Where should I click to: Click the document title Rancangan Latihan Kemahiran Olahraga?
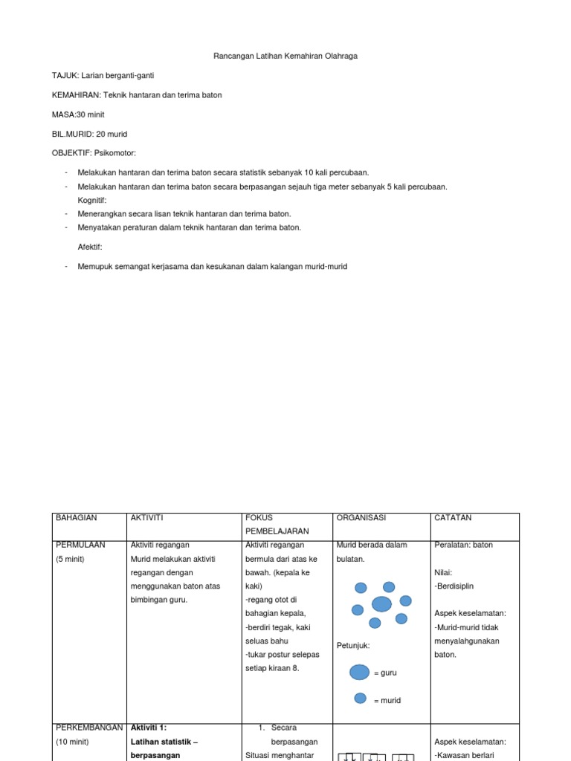point(285,56)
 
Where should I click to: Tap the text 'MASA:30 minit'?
point(80,114)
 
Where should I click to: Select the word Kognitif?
point(92,201)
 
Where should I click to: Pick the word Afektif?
point(90,247)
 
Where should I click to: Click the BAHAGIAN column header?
point(77,518)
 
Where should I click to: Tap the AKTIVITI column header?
point(146,518)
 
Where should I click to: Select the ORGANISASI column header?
point(361,518)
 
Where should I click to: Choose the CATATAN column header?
point(453,518)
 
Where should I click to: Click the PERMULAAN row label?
point(80,545)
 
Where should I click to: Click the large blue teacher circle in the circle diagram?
point(381,603)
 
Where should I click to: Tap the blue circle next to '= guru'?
point(360,672)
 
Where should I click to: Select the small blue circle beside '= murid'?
point(360,699)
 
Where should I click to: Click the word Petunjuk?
point(353,645)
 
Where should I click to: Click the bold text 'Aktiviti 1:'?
point(154,728)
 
